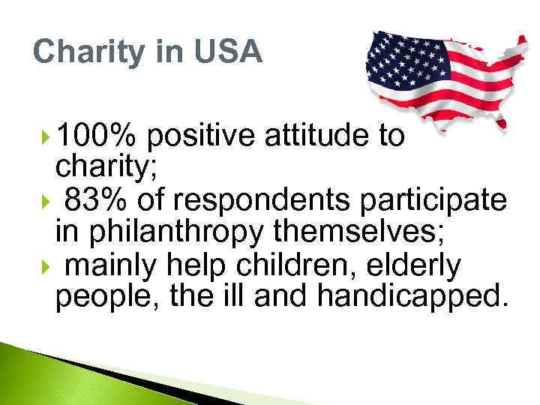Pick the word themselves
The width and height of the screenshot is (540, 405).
(360, 232)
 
